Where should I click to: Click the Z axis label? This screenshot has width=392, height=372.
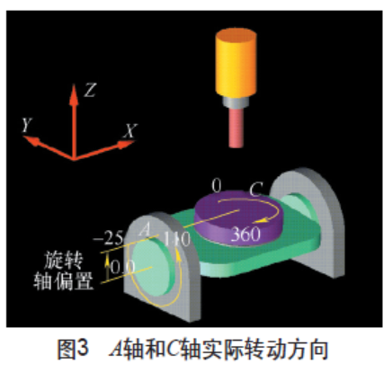coord(90,90)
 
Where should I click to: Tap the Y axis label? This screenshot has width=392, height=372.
coord(27,125)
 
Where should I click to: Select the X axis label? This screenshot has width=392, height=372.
coord(130,131)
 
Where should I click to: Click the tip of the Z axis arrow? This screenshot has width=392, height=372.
coord(74,84)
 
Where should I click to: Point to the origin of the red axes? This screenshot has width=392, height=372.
coord(74,159)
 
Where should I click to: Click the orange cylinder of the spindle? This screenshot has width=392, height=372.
coord(236,63)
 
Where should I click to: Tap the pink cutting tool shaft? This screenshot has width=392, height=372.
coord(236,128)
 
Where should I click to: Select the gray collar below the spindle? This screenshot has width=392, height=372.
coord(236,102)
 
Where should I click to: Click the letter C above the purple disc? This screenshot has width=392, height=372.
coord(256,190)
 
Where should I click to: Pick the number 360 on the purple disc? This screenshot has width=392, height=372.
coord(245,234)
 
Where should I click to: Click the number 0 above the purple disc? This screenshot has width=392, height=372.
coord(217,186)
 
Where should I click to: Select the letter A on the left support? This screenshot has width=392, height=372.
coord(145,229)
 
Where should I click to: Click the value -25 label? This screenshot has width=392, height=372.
coord(108,239)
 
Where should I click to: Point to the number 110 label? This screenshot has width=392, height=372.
coord(177,239)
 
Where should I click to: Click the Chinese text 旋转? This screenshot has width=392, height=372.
coord(63,260)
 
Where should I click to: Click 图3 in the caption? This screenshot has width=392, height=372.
coord(73,349)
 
